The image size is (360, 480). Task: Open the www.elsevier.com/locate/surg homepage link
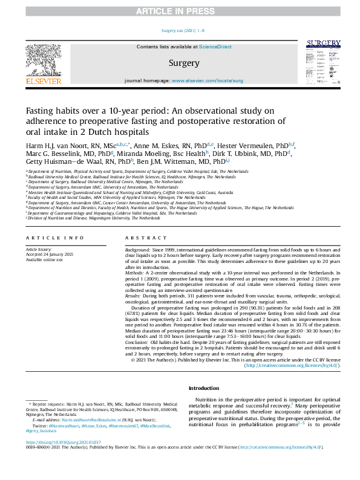[x=208, y=80]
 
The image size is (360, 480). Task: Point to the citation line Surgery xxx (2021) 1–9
[x=180, y=30]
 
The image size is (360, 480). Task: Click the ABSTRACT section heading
[x=142, y=238]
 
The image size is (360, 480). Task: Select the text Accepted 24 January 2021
[x=48, y=254]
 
